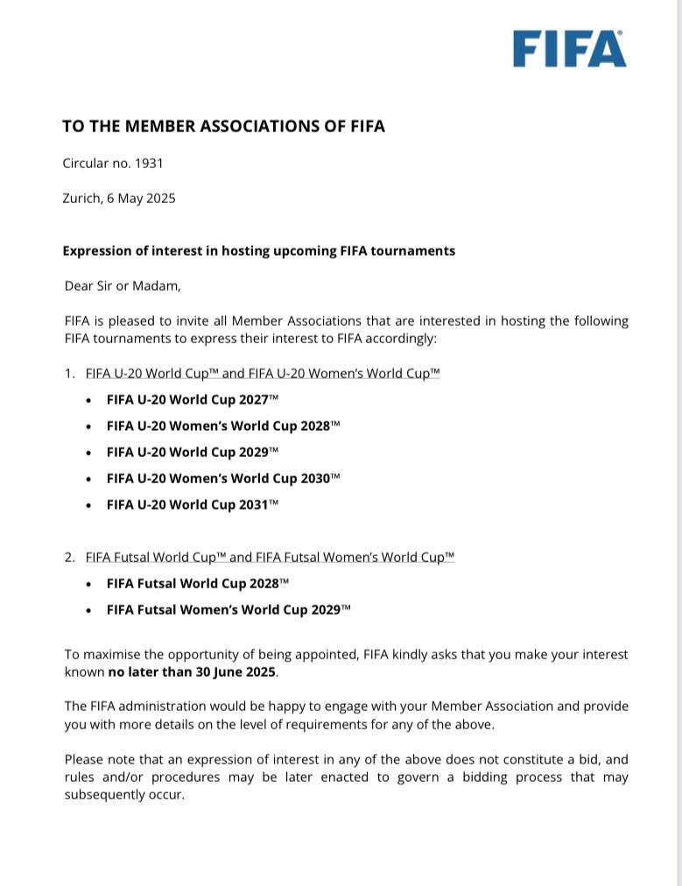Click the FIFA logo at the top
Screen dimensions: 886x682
point(569,49)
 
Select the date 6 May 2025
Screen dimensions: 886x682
point(141,198)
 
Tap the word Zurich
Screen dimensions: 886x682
point(81,198)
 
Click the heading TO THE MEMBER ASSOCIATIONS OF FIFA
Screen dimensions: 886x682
point(223,126)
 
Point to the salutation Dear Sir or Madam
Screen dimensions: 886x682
point(122,285)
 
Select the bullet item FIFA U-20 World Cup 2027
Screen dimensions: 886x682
point(192,399)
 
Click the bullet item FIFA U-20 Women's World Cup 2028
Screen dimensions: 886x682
point(222,425)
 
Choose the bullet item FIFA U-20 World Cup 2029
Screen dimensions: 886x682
point(192,452)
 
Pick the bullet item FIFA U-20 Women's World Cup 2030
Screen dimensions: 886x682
point(222,478)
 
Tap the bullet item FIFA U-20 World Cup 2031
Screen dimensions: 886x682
point(192,504)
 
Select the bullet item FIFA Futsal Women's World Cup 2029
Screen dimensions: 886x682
point(228,609)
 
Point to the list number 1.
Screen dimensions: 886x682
point(69,373)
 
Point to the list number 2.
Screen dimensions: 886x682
point(69,557)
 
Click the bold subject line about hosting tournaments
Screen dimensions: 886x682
point(258,250)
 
